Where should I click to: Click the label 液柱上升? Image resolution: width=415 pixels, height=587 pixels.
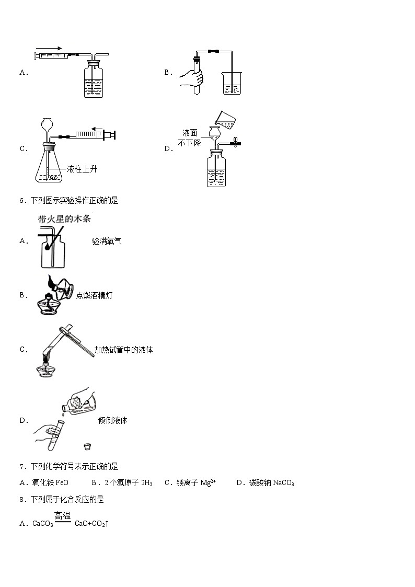click(x=82, y=169)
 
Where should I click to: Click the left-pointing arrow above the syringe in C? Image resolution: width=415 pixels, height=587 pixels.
click(x=97, y=128)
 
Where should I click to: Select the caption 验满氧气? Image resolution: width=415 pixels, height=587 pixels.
click(x=107, y=241)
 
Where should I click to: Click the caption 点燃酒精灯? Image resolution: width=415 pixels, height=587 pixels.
click(x=94, y=295)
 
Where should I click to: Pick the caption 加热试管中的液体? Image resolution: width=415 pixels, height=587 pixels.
click(x=123, y=350)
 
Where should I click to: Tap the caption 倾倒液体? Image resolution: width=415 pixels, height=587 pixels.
click(x=112, y=420)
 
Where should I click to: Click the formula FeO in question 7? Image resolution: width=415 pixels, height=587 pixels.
click(x=61, y=483)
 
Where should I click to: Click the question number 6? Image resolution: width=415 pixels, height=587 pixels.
click(x=21, y=200)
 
